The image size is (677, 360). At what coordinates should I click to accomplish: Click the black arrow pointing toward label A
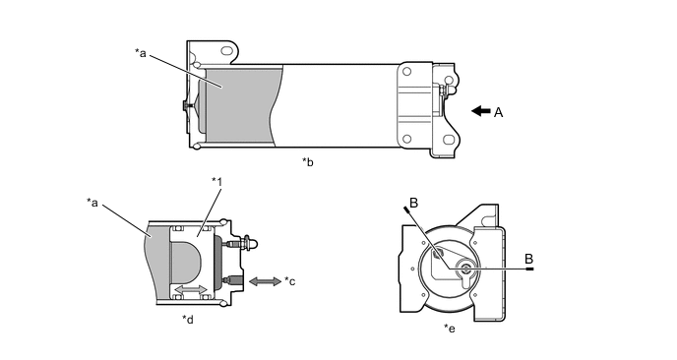click(x=481, y=111)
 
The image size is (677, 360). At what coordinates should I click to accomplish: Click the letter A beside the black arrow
click(x=498, y=113)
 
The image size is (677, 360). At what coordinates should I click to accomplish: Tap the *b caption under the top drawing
click(x=307, y=162)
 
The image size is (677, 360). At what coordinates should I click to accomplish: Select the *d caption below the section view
click(x=187, y=320)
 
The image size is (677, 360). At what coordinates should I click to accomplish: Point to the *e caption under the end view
click(x=450, y=329)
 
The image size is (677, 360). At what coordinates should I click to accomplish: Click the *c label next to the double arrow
click(x=289, y=281)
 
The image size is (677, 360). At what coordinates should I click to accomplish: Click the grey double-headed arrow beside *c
click(x=266, y=281)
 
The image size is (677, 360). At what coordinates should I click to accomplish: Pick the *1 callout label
click(x=217, y=182)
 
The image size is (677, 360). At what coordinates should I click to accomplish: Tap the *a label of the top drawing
click(x=141, y=53)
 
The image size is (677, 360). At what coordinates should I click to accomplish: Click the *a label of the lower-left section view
click(x=92, y=202)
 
